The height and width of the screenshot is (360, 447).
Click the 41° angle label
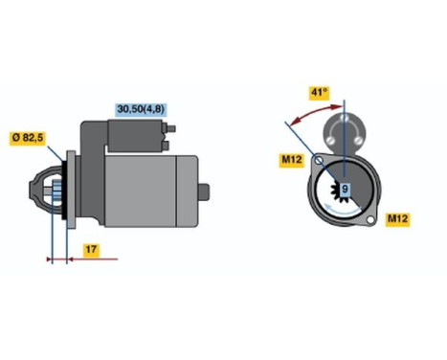click(320, 92)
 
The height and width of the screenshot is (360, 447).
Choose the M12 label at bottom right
click(399, 219)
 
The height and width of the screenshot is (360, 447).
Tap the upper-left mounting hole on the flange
click(319, 162)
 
